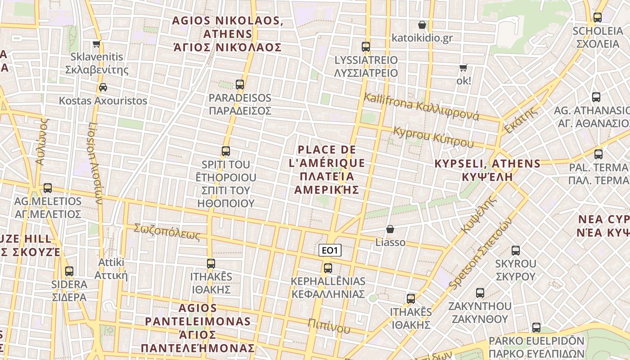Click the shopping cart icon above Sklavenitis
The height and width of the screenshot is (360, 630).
(x=96, y=44)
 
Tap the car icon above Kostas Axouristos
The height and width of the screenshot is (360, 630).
(x=103, y=87)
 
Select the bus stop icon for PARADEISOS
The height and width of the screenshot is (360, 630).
(x=240, y=84)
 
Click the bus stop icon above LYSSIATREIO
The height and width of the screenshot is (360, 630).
(x=366, y=46)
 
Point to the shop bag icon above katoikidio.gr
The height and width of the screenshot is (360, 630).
(x=422, y=24)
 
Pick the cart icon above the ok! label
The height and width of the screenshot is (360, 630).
(x=463, y=68)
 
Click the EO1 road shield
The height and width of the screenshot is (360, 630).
(x=330, y=250)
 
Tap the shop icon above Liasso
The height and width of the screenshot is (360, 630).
(x=390, y=229)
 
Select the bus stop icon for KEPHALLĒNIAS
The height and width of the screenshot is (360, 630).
(x=328, y=268)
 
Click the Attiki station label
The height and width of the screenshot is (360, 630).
(x=111, y=269)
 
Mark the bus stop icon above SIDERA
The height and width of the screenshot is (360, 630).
(x=69, y=271)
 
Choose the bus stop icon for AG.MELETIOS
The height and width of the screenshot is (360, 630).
(x=48, y=188)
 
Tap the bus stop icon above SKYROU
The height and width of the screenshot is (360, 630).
(x=516, y=250)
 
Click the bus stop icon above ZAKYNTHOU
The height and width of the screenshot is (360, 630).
(x=480, y=293)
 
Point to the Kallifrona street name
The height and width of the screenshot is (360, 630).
(x=421, y=106)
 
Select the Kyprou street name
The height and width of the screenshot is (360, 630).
(x=433, y=136)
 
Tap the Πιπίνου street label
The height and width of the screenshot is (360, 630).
(x=329, y=326)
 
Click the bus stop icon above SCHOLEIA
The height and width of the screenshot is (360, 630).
(x=597, y=18)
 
